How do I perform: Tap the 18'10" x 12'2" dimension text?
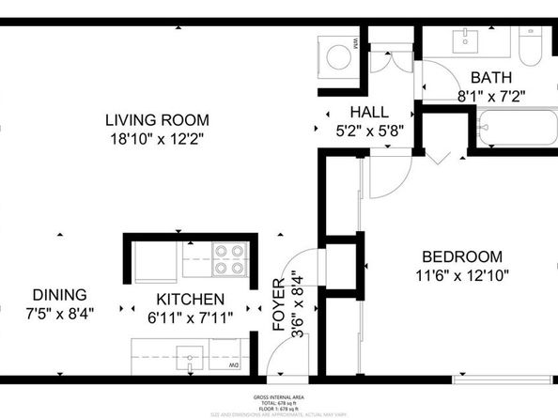click(x=156, y=138)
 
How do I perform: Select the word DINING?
click(x=59, y=294)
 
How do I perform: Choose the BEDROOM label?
click(x=461, y=256)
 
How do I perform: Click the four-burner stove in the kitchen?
click(x=229, y=259)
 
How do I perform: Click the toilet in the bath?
click(x=531, y=41)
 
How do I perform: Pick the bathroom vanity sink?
click(x=465, y=40)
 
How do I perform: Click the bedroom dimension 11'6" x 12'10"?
click(x=461, y=275)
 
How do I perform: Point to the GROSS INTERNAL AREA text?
click(x=278, y=397)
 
